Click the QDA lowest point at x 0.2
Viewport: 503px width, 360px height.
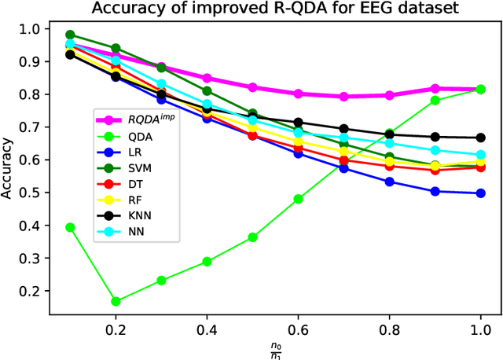116,301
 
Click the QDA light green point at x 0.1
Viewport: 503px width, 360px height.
71,227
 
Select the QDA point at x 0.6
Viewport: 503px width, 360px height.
298,199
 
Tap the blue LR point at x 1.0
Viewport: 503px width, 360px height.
480,193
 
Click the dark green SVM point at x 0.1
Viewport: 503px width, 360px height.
71,35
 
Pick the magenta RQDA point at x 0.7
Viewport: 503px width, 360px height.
343,97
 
